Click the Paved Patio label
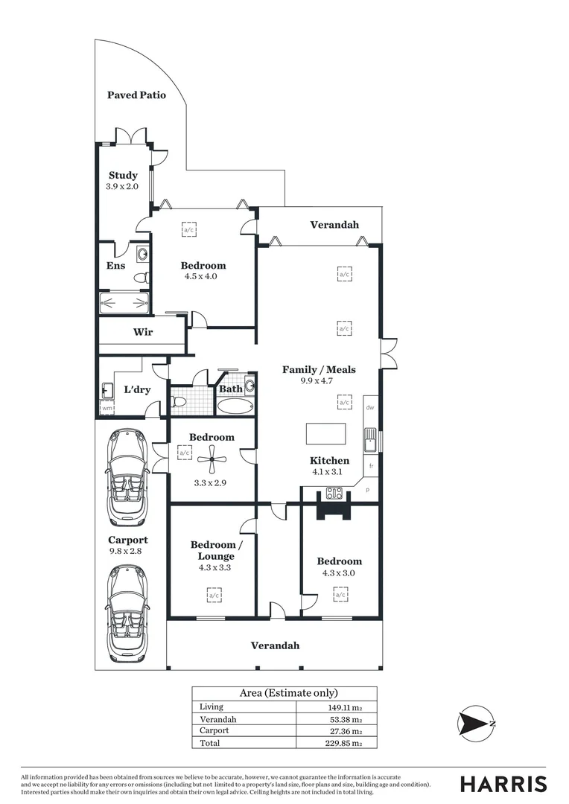(136, 95)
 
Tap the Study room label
(123, 176)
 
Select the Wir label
(143, 332)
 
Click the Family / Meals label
(319, 369)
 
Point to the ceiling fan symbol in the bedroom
(212, 460)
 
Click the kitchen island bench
(326, 434)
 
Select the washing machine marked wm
(107, 408)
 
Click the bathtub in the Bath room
(235, 406)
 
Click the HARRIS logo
(503, 784)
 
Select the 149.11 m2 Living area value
(345, 707)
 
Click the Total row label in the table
(211, 742)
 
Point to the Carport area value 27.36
(345, 731)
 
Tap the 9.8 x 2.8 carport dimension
(125, 551)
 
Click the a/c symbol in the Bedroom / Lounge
(214, 595)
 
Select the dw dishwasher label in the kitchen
(369, 407)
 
